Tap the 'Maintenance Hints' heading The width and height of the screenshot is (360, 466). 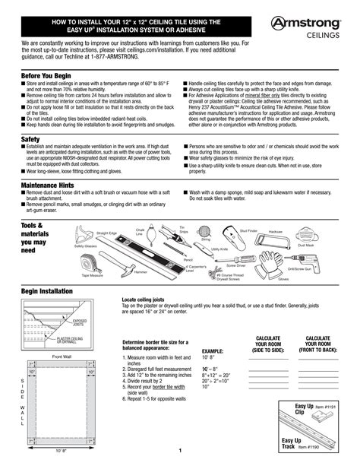click(x=48, y=185)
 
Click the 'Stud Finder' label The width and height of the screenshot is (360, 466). click(x=248, y=229)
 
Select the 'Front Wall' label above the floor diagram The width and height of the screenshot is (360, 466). click(x=62, y=356)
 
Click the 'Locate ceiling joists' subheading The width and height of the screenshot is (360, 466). click(x=148, y=300)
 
